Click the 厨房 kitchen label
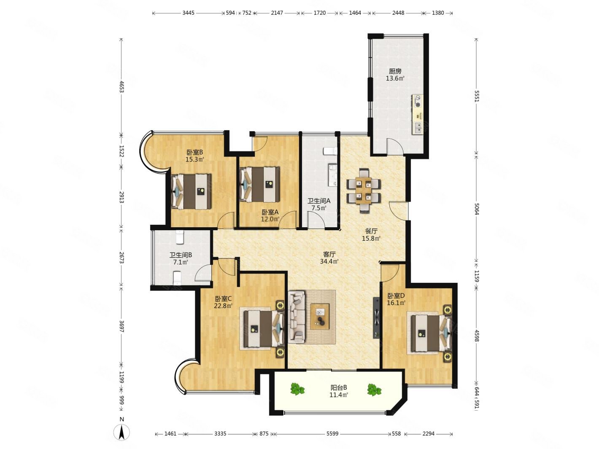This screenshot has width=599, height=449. click(395, 71)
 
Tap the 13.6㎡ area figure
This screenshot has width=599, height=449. click(395, 79)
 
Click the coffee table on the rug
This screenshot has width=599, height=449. click(320, 317)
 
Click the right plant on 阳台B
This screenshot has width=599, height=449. click(374, 390)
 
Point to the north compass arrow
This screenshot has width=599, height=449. click(122, 433)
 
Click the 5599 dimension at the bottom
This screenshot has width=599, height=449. click(332, 433)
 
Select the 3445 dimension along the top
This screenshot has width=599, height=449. click(188, 13)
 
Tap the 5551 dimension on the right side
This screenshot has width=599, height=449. click(477, 96)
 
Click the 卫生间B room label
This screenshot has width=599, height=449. click(181, 255)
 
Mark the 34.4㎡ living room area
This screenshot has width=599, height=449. click(329, 261)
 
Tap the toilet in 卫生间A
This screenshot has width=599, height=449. click(330, 151)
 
